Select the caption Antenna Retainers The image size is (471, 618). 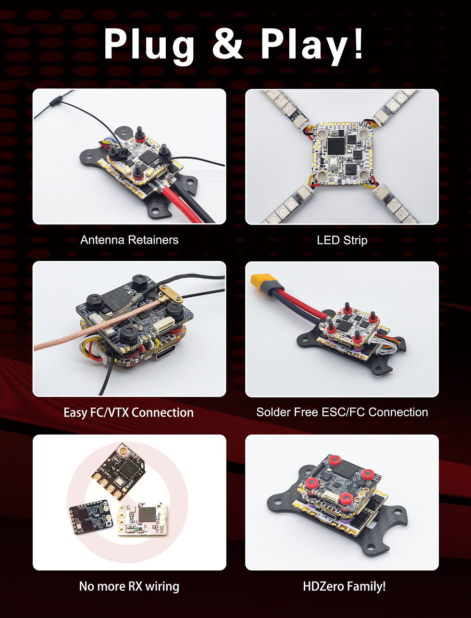tap(129, 239)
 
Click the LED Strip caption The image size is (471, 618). tap(342, 239)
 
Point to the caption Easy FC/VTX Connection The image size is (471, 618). tap(129, 412)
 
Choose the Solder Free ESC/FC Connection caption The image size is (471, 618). tap(342, 412)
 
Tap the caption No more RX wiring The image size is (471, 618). tap(129, 586)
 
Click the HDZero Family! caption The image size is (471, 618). tap(344, 586)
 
